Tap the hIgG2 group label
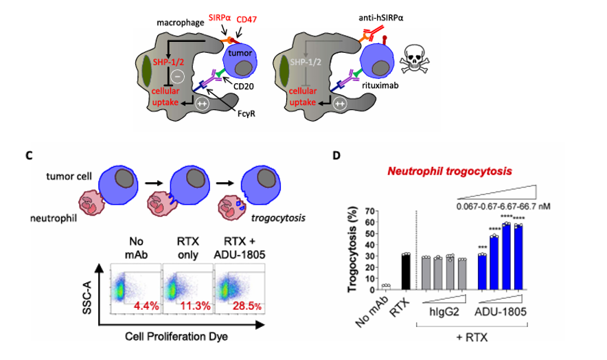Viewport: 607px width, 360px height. (443, 314)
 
